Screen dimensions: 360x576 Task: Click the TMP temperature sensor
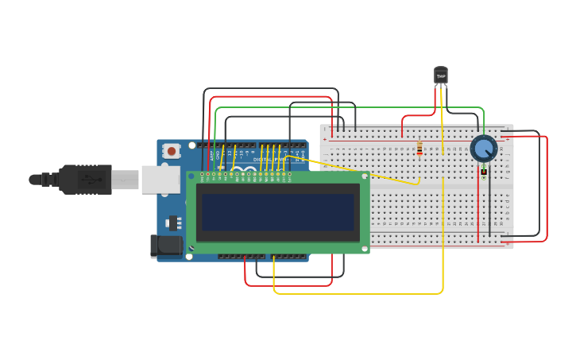pyautogui.click(x=441, y=75)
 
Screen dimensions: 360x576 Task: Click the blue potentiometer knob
pyautogui.click(x=483, y=149)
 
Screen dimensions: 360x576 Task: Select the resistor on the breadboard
pyautogui.click(x=419, y=149)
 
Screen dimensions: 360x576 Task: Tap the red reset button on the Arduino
pyautogui.click(x=172, y=151)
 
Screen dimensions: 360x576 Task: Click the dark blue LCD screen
pyautogui.click(x=277, y=211)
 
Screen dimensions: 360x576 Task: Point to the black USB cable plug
pyautogui.click(x=84, y=180)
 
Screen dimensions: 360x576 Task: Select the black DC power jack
pyautogui.click(x=165, y=246)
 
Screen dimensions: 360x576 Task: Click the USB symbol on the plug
pyautogui.click(x=91, y=180)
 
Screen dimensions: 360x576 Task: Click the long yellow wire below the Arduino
pyautogui.click(x=358, y=293)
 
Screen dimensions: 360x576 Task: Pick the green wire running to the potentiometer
pyautogui.click(x=350, y=107)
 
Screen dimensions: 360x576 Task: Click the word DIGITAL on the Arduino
pyautogui.click(x=262, y=159)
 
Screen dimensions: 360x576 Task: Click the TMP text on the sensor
pyautogui.click(x=441, y=76)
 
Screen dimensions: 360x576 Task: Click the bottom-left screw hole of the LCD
pyautogui.click(x=190, y=248)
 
